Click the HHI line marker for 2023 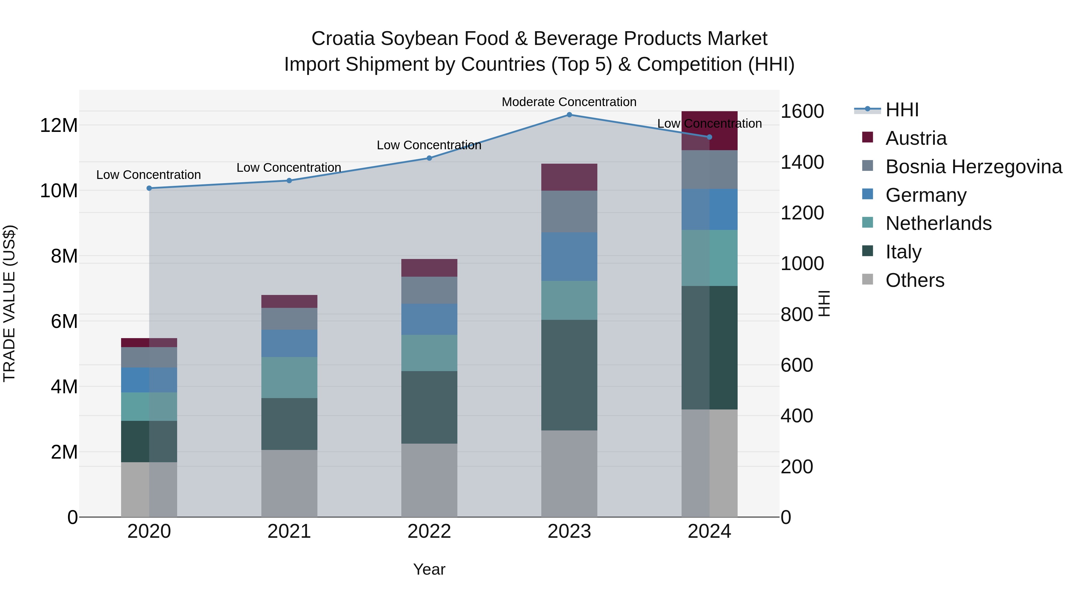[x=569, y=115]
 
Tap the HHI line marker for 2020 [x=149, y=188]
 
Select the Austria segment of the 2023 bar [x=569, y=177]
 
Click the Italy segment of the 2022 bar [x=429, y=407]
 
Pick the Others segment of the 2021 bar [x=289, y=484]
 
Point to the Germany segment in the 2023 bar [x=569, y=256]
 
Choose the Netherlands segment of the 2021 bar [x=289, y=377]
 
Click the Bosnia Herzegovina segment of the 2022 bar [x=429, y=290]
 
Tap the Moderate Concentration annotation [x=569, y=102]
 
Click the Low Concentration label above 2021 [x=289, y=168]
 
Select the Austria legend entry [x=916, y=138]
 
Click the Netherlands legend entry [x=938, y=223]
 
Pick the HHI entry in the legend [x=902, y=110]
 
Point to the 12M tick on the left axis [x=59, y=125]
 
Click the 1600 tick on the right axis [x=802, y=112]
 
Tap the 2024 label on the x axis [x=709, y=531]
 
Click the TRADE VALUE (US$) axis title [x=9, y=303]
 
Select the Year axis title [x=429, y=569]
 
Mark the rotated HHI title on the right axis [x=824, y=303]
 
